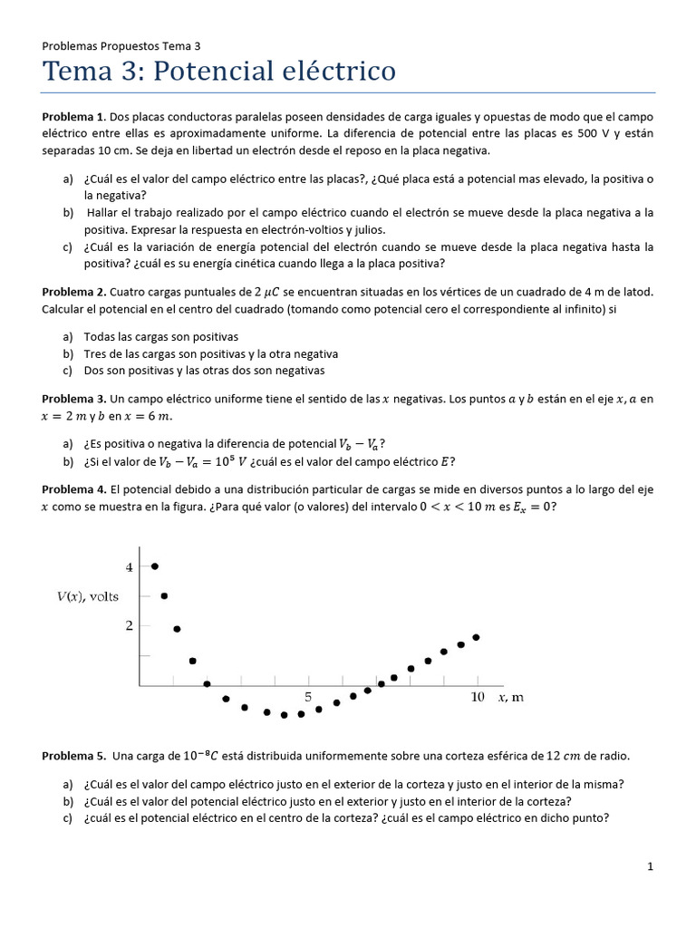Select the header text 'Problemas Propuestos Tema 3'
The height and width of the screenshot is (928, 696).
121,45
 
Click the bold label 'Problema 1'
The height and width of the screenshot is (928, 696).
74,118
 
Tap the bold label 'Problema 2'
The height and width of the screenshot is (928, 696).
74,292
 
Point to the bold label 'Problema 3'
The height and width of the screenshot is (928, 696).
74,398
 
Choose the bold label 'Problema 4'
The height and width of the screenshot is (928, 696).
74,489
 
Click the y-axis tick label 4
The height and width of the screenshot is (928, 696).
129,567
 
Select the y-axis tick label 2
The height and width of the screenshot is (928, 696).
129,625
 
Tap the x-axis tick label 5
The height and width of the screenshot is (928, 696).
308,698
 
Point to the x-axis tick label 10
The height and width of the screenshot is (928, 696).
478,697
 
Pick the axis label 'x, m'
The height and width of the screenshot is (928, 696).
511,697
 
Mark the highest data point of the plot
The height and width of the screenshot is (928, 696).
155,566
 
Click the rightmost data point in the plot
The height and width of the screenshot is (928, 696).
477,637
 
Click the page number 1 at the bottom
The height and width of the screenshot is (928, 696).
650,867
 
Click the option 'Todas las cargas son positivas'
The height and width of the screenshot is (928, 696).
160,336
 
